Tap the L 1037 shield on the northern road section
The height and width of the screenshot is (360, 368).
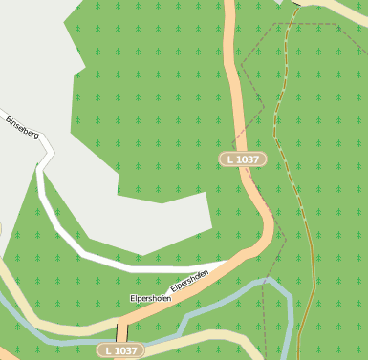pyautogui.click(x=243, y=159)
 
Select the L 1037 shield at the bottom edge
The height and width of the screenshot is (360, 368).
pyautogui.click(x=120, y=350)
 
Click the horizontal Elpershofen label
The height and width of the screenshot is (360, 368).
pyautogui.click(x=150, y=299)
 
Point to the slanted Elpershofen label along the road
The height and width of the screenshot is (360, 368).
pyautogui.click(x=189, y=281)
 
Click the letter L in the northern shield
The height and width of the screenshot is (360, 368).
pyautogui.click(x=230, y=159)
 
